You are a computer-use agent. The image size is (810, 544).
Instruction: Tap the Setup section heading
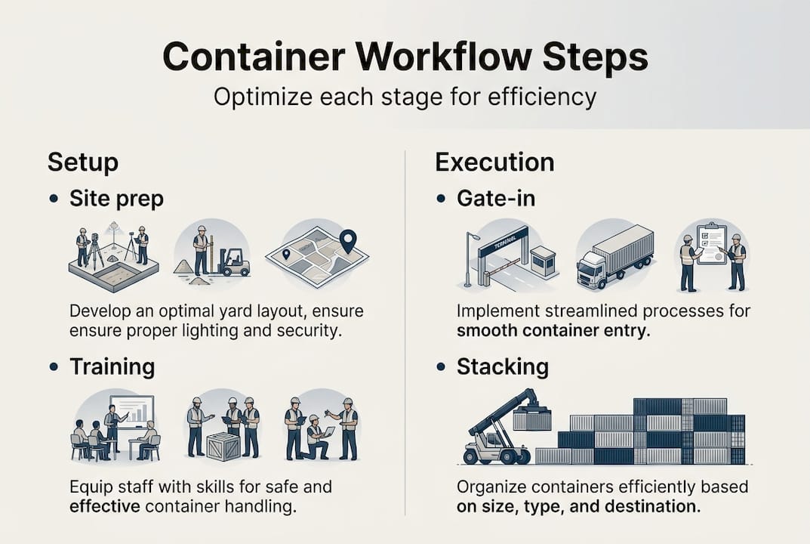tap(83, 162)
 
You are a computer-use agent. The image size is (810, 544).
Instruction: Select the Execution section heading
tap(494, 162)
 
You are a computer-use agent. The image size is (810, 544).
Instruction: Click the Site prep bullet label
tap(116, 199)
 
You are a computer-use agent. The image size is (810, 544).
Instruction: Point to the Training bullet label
tap(112, 366)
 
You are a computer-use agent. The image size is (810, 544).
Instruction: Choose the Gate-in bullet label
tap(497, 199)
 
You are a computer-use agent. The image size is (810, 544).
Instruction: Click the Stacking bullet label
tap(502, 366)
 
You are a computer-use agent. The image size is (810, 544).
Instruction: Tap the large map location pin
tap(346, 241)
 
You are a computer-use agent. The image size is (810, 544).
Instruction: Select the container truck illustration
tap(614, 257)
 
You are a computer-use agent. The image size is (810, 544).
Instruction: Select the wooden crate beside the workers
tap(223, 445)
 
